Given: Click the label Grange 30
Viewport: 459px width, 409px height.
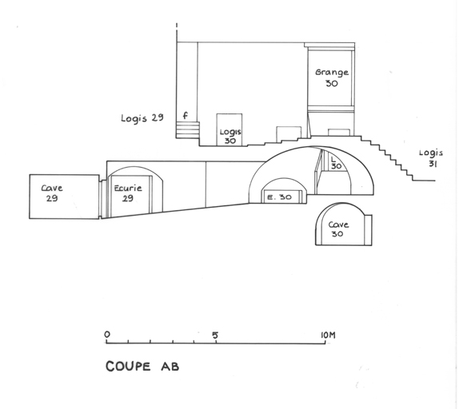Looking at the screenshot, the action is pyautogui.click(x=332, y=77).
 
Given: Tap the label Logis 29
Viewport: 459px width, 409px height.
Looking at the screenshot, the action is pyautogui.click(x=142, y=117).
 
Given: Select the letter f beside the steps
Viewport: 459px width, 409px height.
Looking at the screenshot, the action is pyautogui.click(x=185, y=116).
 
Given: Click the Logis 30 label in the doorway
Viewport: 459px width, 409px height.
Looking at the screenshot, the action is pyautogui.click(x=230, y=137).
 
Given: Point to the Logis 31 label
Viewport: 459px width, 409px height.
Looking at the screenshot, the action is pyautogui.click(x=431, y=158).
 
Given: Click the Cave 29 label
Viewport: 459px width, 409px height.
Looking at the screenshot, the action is pyautogui.click(x=52, y=193).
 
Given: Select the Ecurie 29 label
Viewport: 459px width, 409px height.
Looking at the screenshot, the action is pyautogui.click(x=128, y=193).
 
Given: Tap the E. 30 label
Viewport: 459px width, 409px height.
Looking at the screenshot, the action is pyautogui.click(x=280, y=197).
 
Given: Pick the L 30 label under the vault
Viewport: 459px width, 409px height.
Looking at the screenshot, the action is pyautogui.click(x=336, y=162).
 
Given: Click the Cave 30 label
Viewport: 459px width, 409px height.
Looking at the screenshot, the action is pyautogui.click(x=338, y=229).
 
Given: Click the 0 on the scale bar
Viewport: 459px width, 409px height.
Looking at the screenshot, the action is pyautogui.click(x=107, y=334).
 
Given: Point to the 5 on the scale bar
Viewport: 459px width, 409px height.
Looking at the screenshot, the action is pyautogui.click(x=215, y=336).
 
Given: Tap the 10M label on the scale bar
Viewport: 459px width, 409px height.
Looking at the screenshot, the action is pyautogui.click(x=328, y=335).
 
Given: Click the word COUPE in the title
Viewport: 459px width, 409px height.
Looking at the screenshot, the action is pyautogui.click(x=128, y=367).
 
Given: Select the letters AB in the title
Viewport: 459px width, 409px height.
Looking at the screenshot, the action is pyautogui.click(x=170, y=367).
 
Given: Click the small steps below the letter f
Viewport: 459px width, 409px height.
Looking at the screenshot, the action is pyautogui.click(x=188, y=130).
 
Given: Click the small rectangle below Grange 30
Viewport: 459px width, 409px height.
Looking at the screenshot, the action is pyautogui.click(x=339, y=133).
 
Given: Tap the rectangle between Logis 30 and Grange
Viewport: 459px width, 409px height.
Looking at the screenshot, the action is pyautogui.click(x=289, y=134).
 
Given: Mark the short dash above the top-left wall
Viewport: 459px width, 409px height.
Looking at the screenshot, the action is pyautogui.click(x=177, y=26).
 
